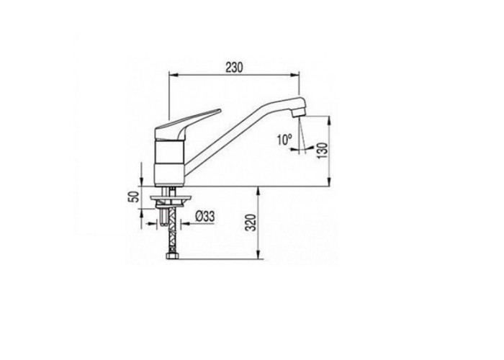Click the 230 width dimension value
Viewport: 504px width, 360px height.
point(234,68)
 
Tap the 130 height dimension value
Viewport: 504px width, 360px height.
point(323,150)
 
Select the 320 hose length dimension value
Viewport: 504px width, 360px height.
point(252,222)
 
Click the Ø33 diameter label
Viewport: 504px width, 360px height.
point(204,216)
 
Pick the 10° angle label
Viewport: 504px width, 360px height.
point(284,140)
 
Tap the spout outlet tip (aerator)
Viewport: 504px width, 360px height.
point(299,112)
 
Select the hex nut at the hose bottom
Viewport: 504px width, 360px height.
point(173,256)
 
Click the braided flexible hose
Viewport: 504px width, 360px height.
point(173,229)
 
